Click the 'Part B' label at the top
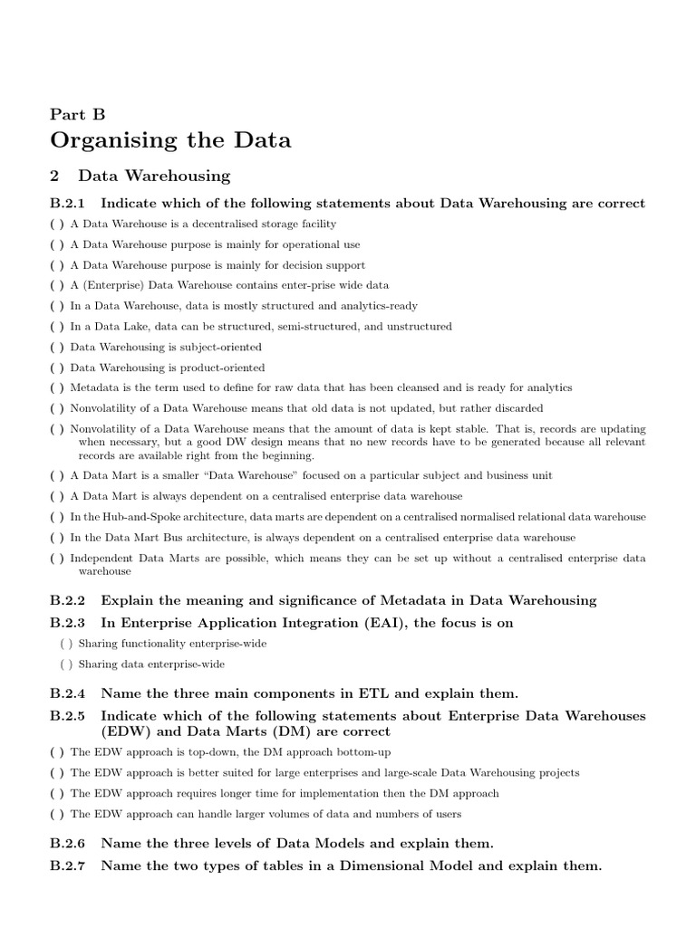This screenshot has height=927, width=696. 78,113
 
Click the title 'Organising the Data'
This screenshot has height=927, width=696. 170,140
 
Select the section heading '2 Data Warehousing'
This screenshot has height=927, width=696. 140,176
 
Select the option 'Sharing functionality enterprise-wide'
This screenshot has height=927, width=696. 66,643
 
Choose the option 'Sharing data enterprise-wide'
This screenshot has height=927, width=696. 66,664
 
